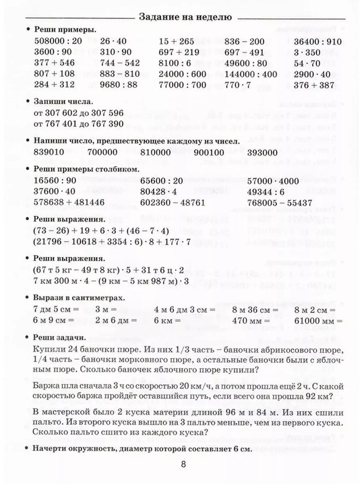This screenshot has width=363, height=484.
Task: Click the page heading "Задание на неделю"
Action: (185, 17)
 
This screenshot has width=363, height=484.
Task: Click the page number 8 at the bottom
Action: (184, 464)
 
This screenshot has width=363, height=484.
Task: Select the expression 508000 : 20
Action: (58, 42)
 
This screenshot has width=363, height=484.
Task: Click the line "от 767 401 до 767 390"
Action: (79, 124)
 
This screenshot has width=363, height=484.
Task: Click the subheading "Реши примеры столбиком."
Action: (87, 169)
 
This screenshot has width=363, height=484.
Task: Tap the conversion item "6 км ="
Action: (167, 321)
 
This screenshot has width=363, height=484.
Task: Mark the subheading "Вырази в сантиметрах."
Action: (79, 298)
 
